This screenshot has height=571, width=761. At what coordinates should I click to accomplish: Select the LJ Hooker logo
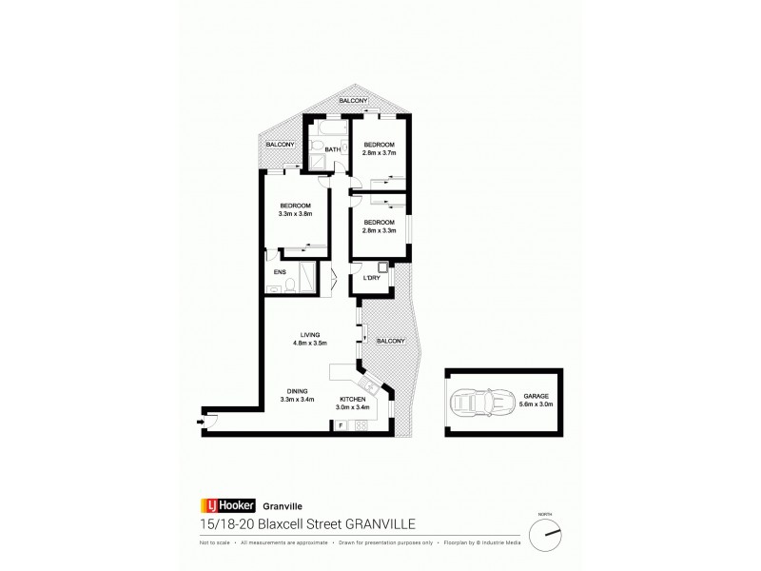pos(223,505)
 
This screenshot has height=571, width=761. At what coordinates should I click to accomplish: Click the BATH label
pos(332,149)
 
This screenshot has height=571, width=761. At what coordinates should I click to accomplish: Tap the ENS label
pos(280,271)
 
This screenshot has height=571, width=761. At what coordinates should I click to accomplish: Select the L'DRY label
pos(372,279)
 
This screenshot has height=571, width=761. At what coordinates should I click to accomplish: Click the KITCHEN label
pos(353,399)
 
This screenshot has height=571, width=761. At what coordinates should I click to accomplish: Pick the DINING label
pos(297,390)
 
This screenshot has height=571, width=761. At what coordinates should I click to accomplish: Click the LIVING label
pos(310,334)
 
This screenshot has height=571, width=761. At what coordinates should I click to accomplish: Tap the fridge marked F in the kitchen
pos(341,424)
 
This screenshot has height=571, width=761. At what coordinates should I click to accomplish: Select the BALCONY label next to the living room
pos(391,341)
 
